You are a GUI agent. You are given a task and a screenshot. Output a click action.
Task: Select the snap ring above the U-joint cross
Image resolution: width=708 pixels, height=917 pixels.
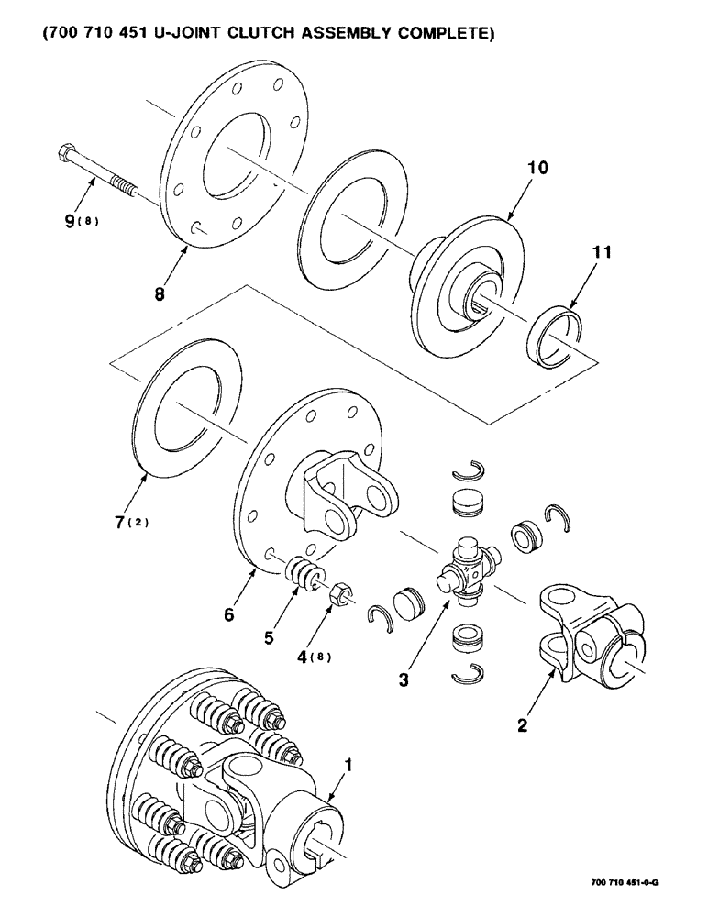468,470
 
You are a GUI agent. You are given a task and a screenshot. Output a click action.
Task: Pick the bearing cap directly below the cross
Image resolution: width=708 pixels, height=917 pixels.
468,638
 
